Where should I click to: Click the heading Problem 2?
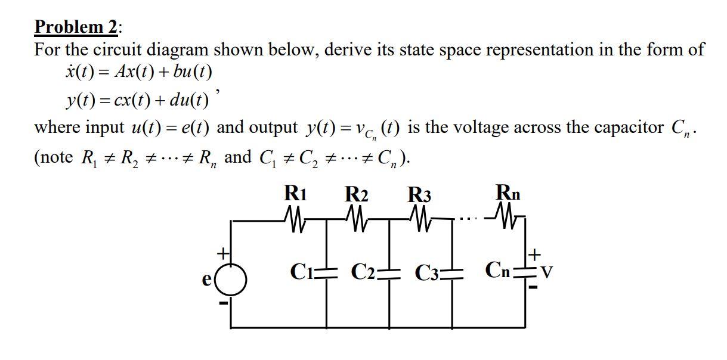[x=78, y=27]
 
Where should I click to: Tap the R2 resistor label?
[x=357, y=195]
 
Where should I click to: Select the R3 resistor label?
[x=419, y=195]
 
